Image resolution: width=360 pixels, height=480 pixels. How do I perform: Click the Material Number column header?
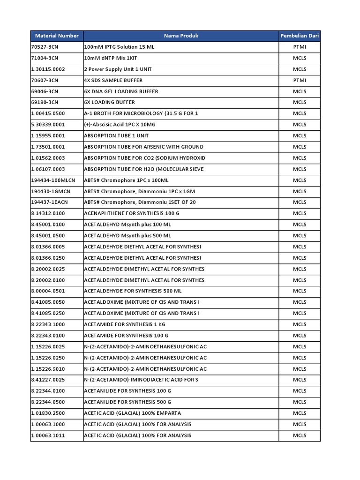coord(57,36)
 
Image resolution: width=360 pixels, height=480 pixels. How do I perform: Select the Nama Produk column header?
coord(181,36)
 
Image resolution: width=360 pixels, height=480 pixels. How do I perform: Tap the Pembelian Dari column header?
coord(300,36)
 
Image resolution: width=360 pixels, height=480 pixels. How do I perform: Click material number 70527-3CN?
coord(45,47)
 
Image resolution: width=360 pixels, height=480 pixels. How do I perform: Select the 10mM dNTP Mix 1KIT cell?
coord(115,58)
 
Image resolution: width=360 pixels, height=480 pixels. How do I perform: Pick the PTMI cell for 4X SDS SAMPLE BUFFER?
coord(300,80)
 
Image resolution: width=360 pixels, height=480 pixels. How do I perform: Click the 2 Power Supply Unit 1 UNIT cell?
coord(118,69)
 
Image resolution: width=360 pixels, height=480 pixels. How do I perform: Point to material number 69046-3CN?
coord(45,91)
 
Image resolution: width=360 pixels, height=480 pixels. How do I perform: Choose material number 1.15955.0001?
coord(48,136)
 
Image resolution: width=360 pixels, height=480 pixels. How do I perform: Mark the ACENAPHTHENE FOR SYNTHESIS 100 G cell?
coord(132,213)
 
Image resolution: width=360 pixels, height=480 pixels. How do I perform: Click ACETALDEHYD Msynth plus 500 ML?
coord(127,236)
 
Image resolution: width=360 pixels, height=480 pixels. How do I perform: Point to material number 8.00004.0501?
coord(48,291)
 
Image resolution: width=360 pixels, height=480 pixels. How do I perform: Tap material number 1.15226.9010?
coord(48,369)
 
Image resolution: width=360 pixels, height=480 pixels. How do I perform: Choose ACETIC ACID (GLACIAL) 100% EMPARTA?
coord(132,413)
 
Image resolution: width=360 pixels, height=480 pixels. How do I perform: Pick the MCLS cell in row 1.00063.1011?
coord(300,435)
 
